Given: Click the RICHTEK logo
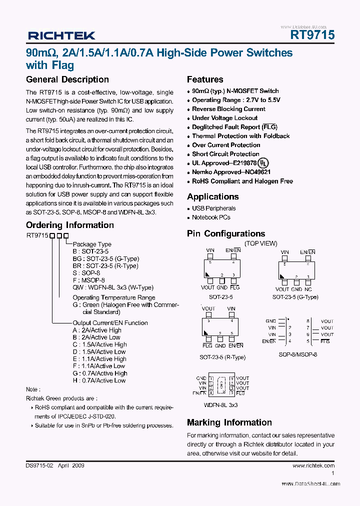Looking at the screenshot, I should [61, 35].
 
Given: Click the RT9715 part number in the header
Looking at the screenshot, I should [312, 35].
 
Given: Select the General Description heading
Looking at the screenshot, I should [67, 79].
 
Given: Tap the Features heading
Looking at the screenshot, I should [205, 79].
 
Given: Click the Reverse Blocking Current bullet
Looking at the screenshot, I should [228, 109].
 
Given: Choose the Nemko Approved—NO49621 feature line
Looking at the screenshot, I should [231, 172].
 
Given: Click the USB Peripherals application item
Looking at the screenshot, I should [213, 208].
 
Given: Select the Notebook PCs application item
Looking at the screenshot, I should [211, 217].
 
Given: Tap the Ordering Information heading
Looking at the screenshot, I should [70, 225].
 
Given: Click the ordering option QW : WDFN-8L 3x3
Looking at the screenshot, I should [107, 287].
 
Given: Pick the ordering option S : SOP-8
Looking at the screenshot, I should [86, 273].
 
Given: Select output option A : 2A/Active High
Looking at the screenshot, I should [97, 330].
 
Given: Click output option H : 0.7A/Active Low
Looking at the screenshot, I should [99, 380].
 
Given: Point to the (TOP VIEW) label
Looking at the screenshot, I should [260, 243].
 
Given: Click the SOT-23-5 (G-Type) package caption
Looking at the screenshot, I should [295, 297].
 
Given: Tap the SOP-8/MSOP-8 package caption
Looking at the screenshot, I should [298, 354].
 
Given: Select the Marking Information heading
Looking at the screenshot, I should [229, 422].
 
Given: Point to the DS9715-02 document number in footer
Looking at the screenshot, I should [39, 465].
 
